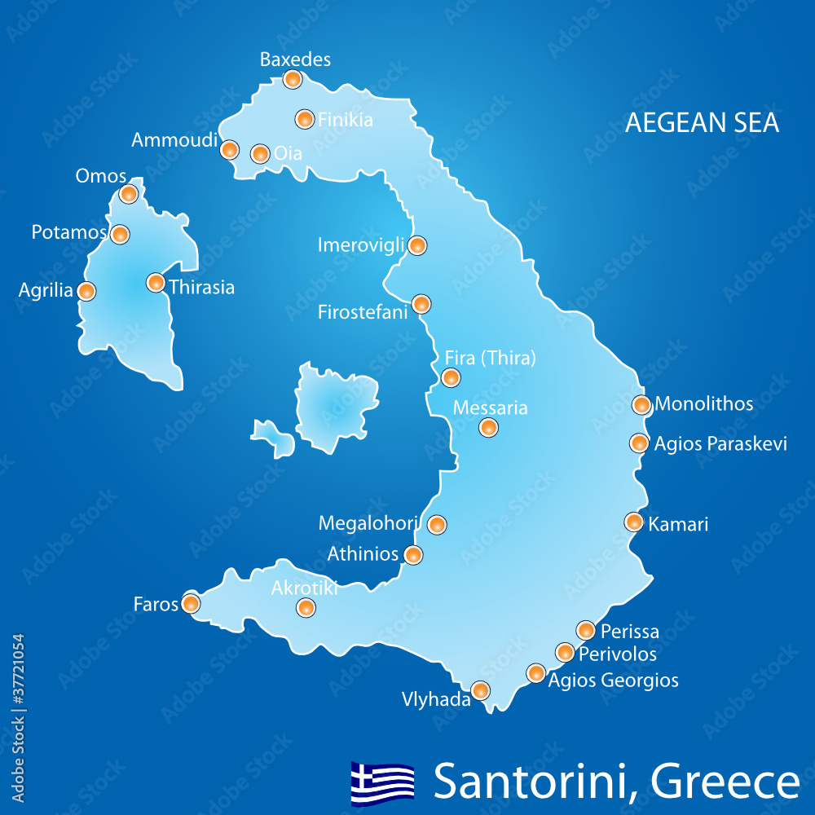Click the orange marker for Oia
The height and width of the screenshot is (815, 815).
260,153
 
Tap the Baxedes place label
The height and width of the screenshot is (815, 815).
295,59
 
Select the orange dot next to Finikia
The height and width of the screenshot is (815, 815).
304,119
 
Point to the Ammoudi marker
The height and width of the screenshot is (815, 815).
230,149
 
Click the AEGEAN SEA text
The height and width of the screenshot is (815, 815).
702,122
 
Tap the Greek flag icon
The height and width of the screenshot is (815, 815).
382,782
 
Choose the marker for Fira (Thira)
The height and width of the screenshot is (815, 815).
451,377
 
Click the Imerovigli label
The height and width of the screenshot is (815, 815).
360,244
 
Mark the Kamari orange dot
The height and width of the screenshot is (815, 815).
634,522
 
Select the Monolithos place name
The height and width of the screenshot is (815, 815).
704,403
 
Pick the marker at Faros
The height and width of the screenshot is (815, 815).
191,603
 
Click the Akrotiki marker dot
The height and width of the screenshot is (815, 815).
306,606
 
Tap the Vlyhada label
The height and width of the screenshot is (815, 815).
436,698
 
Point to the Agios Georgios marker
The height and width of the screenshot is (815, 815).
535,672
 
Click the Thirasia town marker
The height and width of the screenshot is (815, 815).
155,283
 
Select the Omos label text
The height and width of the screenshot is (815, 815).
100,176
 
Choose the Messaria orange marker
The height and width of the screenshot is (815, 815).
488,427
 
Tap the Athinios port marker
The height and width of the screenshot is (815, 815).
414,555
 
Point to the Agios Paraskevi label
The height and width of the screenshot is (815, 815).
720,443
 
